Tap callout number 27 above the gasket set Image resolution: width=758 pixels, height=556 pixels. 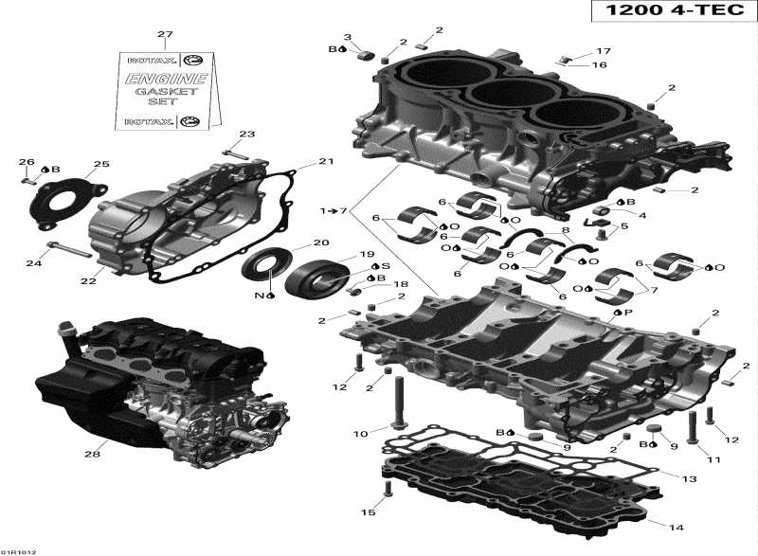pyautogui.click(x=166, y=35)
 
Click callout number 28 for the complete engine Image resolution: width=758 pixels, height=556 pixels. pyautogui.click(x=92, y=454)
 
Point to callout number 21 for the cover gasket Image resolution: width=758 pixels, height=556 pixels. pyautogui.click(x=326, y=162)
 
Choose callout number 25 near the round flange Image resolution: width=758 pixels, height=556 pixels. pyautogui.click(x=101, y=164)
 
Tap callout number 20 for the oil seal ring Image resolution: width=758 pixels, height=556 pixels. pyautogui.click(x=321, y=242)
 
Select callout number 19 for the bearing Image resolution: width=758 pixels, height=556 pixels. pyautogui.click(x=365, y=255)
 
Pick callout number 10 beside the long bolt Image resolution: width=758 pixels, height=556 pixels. pyautogui.click(x=359, y=435)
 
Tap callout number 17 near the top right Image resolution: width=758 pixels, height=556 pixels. pyautogui.click(x=604, y=51)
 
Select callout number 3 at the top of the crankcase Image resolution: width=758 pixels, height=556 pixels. pyautogui.click(x=348, y=37)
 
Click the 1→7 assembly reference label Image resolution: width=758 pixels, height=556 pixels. pyautogui.click(x=334, y=209)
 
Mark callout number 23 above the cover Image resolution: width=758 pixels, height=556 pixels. pyautogui.click(x=246, y=134)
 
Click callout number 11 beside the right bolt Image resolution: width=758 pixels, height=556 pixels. pyautogui.click(x=703, y=459)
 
